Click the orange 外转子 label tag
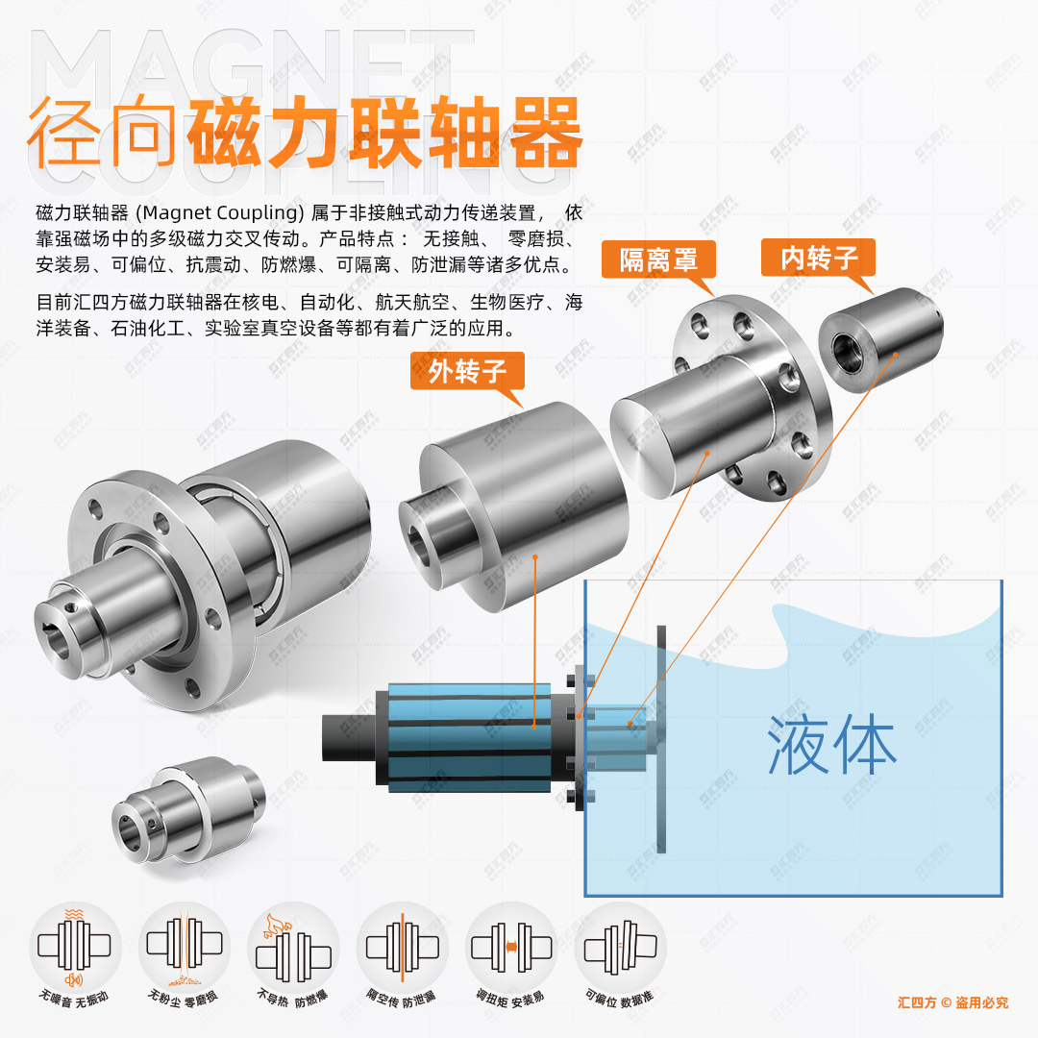click(467, 371)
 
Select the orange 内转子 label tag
click(818, 258)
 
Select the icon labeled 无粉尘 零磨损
click(184, 946)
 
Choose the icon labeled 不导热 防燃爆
click(292, 946)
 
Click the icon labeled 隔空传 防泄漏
click(402, 946)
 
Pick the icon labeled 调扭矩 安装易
click(511, 946)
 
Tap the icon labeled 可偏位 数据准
click(620, 946)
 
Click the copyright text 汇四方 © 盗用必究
click(952, 1002)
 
